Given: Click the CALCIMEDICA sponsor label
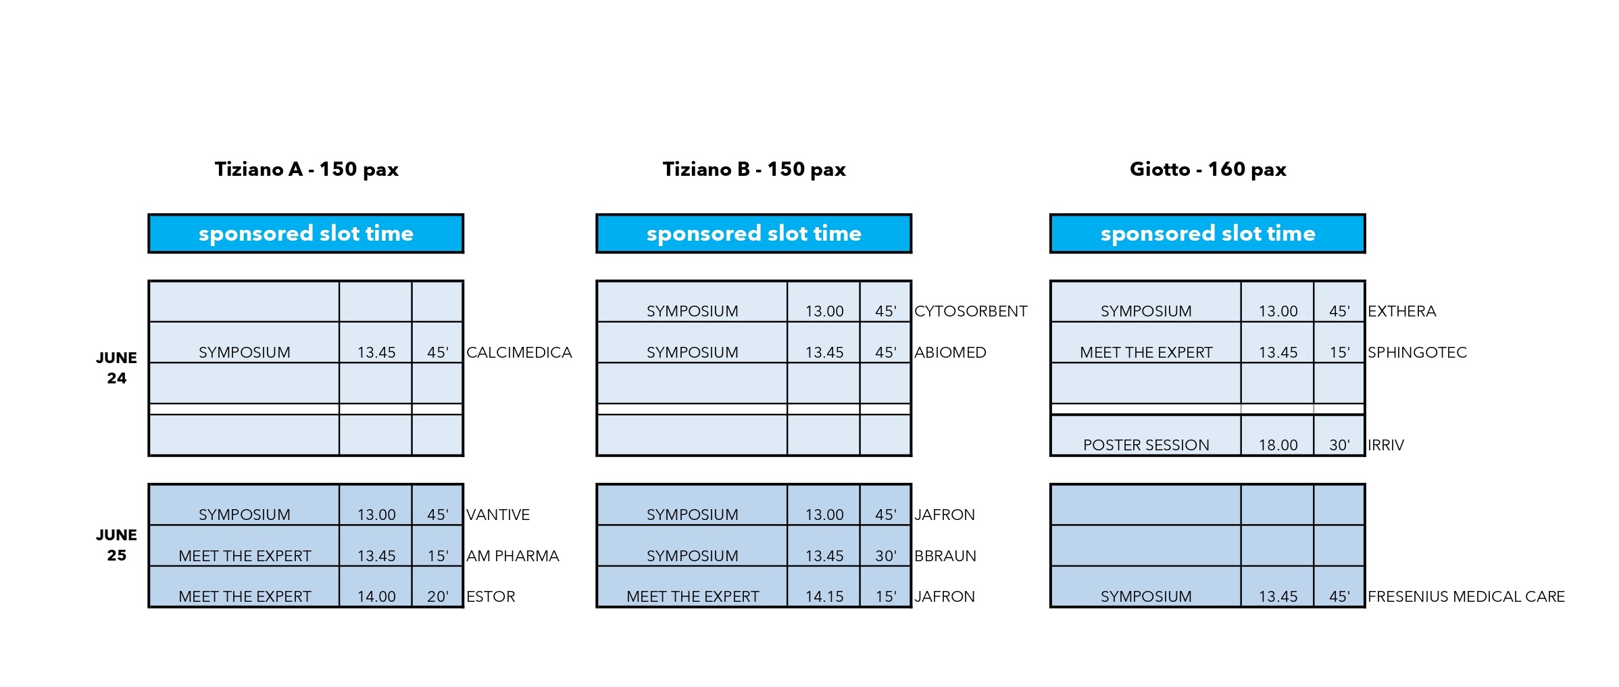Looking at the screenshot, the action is tap(519, 352).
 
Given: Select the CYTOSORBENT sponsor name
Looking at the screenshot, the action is tap(970, 311).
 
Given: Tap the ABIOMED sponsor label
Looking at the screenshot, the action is tap(950, 352).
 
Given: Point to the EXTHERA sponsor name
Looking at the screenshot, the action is tap(1401, 311).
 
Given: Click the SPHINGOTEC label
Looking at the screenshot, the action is tap(1417, 352).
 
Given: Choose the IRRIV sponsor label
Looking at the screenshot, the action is tap(1385, 445).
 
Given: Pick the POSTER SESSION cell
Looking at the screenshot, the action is tap(1146, 435).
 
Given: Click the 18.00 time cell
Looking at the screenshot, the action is tap(1278, 435).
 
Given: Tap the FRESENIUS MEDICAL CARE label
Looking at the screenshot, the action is tap(1466, 596).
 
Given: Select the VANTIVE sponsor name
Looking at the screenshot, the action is tap(498, 515).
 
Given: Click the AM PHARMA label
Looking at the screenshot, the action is tap(512, 556).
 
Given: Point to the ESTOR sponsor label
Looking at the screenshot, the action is tap(491, 596).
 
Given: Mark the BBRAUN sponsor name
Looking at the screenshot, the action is tap(945, 556).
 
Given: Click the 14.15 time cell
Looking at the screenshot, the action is tap(824, 586).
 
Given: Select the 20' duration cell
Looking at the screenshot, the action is tap(437, 586).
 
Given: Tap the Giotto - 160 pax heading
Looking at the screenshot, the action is tap(1207, 169).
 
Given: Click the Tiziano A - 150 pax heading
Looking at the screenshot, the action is tap(306, 169).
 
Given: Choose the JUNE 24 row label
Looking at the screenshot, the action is tap(116, 368).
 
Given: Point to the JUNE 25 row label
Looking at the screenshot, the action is tap(116, 545).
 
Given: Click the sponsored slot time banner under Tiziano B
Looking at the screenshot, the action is tap(753, 233).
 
